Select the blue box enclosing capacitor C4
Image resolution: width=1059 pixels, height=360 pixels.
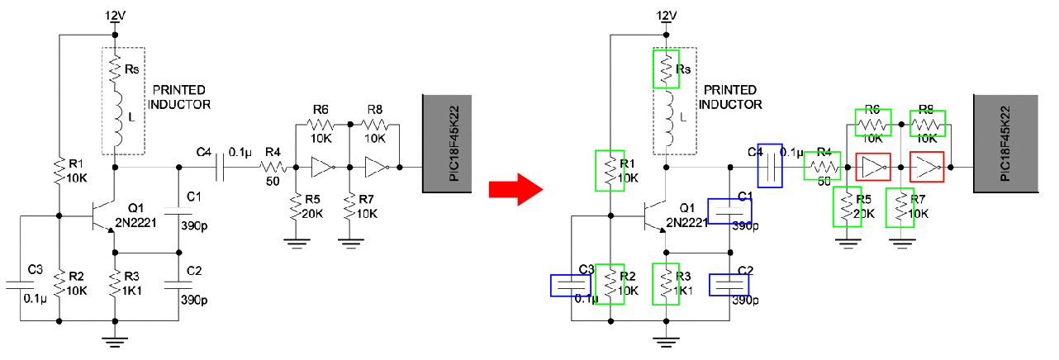tap(770, 165)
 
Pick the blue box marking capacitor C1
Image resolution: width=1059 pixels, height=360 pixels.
tap(729, 211)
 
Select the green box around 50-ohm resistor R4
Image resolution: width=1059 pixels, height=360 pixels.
tap(822, 165)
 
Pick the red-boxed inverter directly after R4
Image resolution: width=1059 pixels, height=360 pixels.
tap(872, 166)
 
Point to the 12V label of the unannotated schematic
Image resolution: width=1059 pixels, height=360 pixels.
tap(116, 16)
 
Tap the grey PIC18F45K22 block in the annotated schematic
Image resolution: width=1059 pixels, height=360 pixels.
tap(1004, 144)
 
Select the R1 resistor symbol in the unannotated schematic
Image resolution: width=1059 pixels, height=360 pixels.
tap(59, 170)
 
